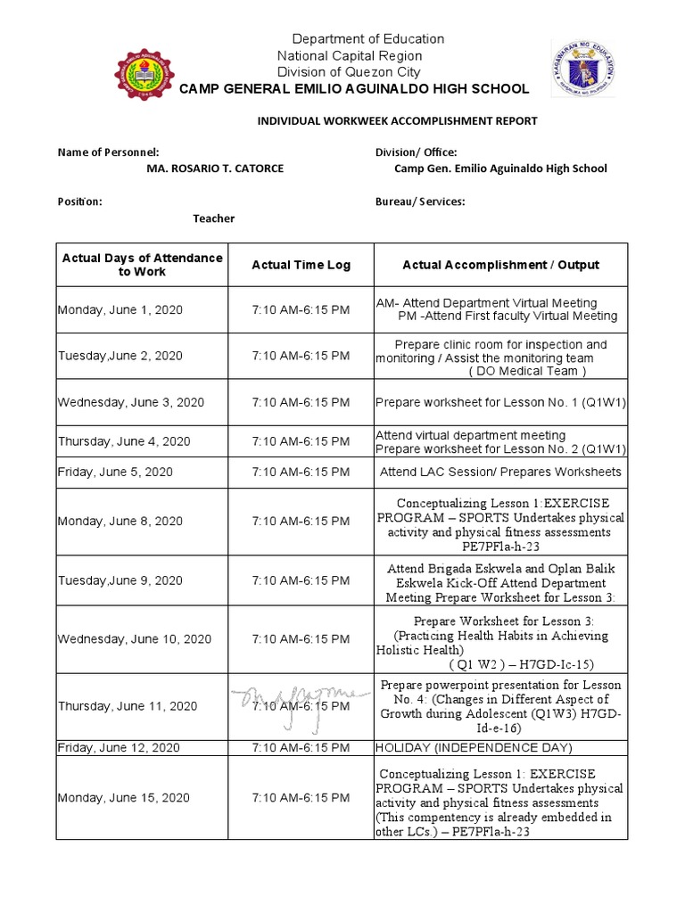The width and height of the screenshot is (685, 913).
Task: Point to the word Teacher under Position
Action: (x=214, y=218)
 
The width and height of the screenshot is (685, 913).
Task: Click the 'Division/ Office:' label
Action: (x=416, y=152)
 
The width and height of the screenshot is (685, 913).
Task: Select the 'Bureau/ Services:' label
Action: (x=420, y=202)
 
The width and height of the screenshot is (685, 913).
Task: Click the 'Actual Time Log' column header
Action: (x=301, y=265)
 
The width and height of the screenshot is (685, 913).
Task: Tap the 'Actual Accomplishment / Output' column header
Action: (x=500, y=265)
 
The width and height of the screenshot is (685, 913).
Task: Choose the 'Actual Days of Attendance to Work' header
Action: (x=142, y=264)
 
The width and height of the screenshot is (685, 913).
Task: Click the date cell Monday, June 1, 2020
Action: (x=120, y=309)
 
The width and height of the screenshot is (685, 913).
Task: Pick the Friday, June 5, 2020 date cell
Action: (x=115, y=472)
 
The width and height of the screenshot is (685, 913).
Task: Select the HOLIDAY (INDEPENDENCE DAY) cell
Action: (x=474, y=747)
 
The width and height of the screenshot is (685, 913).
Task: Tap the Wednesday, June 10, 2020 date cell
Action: (x=135, y=638)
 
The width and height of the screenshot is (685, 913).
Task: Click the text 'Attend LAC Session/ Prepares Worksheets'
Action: (x=500, y=472)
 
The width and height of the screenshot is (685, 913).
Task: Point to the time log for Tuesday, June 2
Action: (x=301, y=355)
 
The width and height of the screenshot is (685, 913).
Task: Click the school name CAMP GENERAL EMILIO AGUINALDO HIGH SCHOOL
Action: (x=354, y=88)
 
